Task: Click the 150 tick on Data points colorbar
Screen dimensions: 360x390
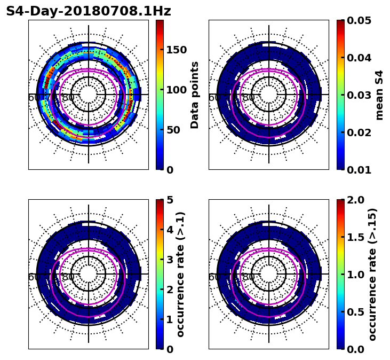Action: pos(176,50)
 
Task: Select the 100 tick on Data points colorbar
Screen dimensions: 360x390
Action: pos(176,90)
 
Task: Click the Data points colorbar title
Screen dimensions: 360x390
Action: pos(195,95)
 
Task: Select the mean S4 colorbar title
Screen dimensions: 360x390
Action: pos(379,95)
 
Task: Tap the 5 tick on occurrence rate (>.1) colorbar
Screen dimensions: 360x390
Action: pos(170,200)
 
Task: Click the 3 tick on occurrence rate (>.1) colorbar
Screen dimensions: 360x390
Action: pos(170,260)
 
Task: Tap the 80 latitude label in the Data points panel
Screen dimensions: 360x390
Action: pos(68,98)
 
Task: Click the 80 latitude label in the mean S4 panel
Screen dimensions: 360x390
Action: pos(249,98)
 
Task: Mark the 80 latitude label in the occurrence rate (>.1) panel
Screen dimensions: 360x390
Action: pos(68,277)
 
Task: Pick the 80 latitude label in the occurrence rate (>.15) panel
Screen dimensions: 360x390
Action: pos(249,277)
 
